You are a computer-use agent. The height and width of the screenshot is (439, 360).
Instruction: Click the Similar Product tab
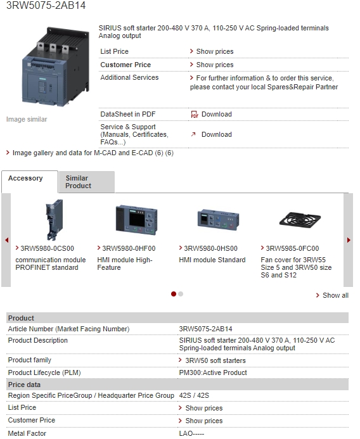[87, 182]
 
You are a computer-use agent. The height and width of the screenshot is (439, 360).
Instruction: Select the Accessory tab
[30, 182]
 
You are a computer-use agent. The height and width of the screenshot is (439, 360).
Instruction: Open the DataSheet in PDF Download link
[217, 114]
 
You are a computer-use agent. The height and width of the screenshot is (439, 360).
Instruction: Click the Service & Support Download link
[217, 134]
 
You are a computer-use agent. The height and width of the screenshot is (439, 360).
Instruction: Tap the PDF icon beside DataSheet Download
[195, 114]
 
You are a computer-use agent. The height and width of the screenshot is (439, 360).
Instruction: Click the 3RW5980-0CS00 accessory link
[47, 248]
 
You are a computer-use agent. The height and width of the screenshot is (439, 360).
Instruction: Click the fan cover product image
[300, 219]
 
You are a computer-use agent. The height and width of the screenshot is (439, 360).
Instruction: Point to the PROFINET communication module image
[55, 220]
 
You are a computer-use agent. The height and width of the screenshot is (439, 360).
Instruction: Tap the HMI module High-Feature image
[136, 220]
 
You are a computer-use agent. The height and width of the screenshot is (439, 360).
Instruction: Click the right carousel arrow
[349, 240]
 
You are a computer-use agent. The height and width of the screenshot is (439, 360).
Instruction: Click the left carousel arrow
[7, 240]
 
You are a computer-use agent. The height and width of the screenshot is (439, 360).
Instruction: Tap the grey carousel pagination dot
[181, 294]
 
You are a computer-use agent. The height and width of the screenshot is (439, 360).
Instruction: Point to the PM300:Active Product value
[213, 372]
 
